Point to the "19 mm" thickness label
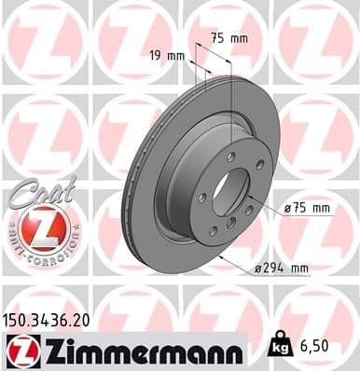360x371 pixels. (x=167, y=55)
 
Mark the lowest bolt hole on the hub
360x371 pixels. (x=213, y=231)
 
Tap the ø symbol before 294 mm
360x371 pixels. (x=256, y=268)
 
